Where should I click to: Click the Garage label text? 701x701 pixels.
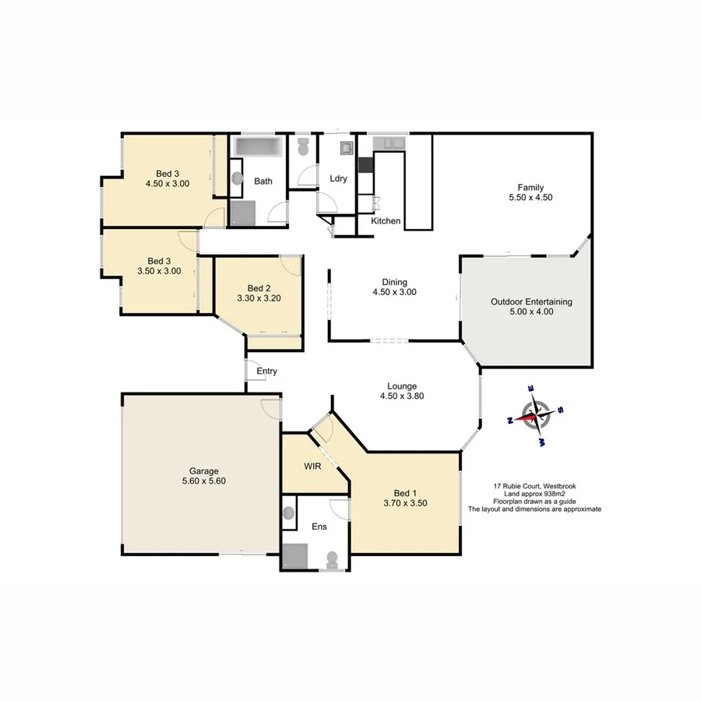tap(203, 470)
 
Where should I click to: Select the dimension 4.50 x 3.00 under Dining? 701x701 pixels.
tap(394, 293)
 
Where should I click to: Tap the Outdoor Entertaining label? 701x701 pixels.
tap(531, 301)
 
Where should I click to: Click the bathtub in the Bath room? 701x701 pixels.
tap(260, 146)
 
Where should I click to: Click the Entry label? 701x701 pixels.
tap(266, 372)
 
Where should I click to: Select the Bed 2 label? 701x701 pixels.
tap(258, 287)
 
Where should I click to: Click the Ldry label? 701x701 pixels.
tap(338, 178)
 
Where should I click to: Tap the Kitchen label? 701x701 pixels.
tap(386, 221)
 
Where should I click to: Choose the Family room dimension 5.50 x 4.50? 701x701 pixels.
tap(530, 197)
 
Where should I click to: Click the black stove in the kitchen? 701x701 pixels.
tap(365, 164)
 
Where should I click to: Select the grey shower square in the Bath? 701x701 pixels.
tap(244, 212)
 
